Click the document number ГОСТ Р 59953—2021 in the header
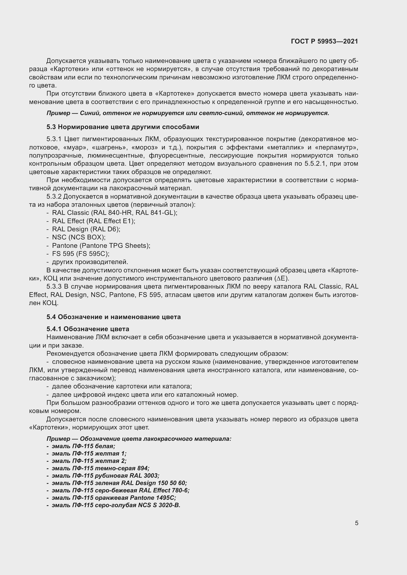click(x=324, y=42)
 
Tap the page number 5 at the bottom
click(x=356, y=523)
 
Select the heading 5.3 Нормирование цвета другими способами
click(x=123, y=127)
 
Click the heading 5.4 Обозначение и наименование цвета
click(x=113, y=317)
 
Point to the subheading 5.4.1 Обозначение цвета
click(x=88, y=329)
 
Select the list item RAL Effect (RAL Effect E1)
click(x=94, y=221)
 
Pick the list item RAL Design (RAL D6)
click(x=86, y=229)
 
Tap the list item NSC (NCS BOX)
click(x=79, y=237)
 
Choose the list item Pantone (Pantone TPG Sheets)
click(x=101, y=245)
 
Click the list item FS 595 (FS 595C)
click(x=81, y=254)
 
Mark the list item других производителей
click(x=90, y=262)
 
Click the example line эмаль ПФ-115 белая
click(x=83, y=446)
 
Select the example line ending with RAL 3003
click(x=106, y=476)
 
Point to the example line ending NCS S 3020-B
click(x=116, y=505)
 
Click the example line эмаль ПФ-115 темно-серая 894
click(x=100, y=468)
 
